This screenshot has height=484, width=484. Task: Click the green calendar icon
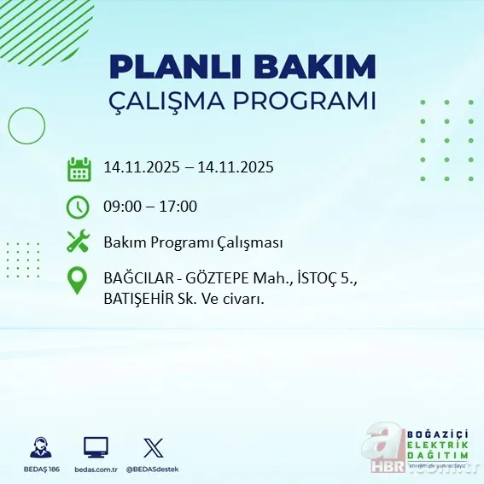[79, 168]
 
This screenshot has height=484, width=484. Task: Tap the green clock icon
[79, 206]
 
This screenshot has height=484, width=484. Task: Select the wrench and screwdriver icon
[79, 242]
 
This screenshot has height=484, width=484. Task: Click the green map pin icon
[79, 281]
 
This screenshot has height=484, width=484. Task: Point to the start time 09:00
[123, 206]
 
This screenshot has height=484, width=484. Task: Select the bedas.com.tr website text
[96, 469]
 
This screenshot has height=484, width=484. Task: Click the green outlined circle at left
[26, 126]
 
